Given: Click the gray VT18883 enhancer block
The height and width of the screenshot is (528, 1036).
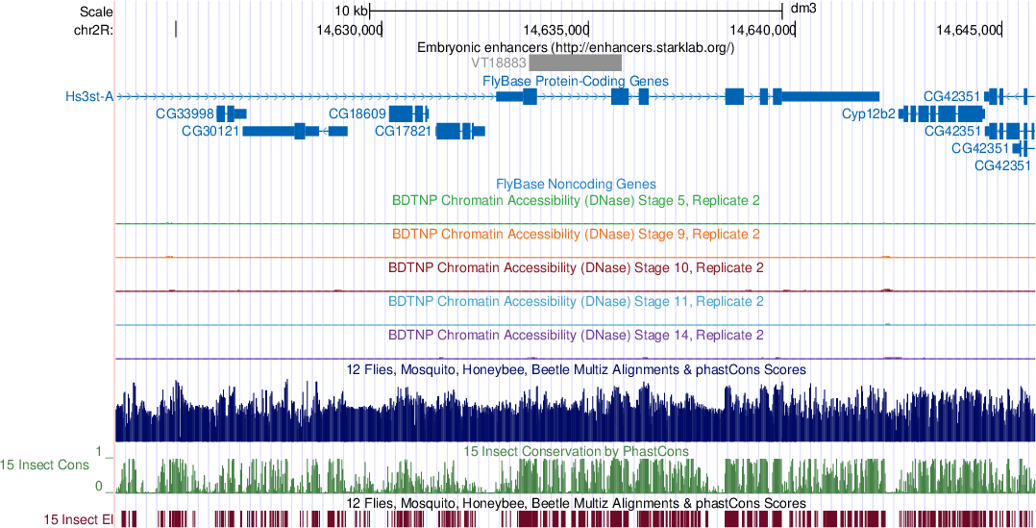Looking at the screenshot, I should (575, 62).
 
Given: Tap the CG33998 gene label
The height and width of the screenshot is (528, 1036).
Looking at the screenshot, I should (185, 113).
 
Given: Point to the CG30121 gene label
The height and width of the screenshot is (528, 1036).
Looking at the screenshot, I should (210, 131).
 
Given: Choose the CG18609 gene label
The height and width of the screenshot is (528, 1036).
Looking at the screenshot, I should (358, 113).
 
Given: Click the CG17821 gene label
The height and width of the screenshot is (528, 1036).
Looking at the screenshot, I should (403, 131).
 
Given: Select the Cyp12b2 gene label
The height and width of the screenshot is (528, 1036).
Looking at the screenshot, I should (868, 113).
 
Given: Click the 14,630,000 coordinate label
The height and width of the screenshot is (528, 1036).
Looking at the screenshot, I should (349, 30).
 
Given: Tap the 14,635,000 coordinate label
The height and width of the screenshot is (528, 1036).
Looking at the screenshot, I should (556, 30).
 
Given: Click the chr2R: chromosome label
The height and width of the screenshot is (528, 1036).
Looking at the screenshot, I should (94, 30).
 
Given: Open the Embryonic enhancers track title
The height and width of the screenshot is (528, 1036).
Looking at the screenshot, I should (576, 46).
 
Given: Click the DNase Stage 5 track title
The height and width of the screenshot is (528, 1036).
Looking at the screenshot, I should (576, 201).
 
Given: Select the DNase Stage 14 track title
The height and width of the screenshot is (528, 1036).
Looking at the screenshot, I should (576, 336).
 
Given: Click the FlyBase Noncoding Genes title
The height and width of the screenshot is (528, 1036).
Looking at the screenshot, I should (576, 184).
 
